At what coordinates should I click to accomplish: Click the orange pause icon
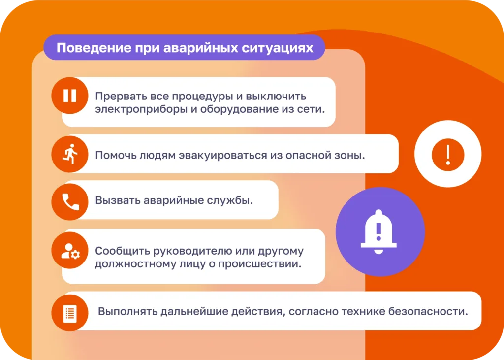pos(70,96)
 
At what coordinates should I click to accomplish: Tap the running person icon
pos(70,154)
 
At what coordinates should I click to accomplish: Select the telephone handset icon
pos(70,202)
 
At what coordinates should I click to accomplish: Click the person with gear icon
pos(70,251)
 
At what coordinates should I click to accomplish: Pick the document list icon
pos(70,313)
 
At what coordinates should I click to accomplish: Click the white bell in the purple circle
pos(378,232)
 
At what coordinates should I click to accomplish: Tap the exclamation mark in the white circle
pos(448,154)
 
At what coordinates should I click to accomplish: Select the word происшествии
pos(260,264)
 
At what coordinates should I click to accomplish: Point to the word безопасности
pos(428,311)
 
